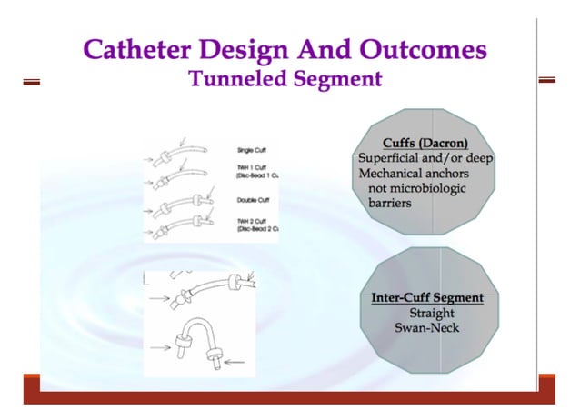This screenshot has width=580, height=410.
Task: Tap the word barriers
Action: [389, 203]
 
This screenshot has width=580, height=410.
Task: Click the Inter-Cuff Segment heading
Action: [427, 297]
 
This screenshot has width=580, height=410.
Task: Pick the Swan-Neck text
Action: [427, 327]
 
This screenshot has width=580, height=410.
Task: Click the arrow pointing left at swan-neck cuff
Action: [235, 362]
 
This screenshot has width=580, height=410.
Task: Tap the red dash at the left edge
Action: [32, 82]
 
